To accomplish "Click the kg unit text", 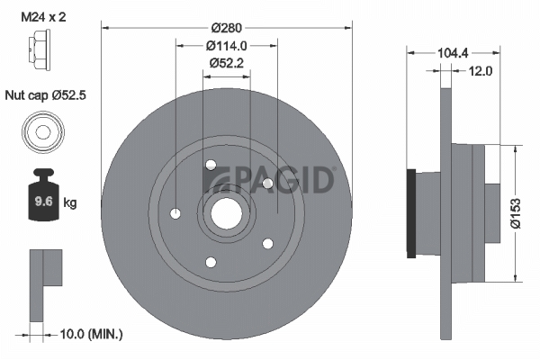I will pyautogui.click(x=69, y=202).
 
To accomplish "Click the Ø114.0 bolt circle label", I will pyautogui.click(x=226, y=45).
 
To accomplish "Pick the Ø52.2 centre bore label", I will pyautogui.click(x=227, y=63).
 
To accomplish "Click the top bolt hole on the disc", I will pyautogui.click(x=211, y=165).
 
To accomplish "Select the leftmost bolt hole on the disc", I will pyautogui.click(x=175, y=213).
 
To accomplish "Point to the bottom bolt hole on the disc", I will pyautogui.click(x=211, y=262).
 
